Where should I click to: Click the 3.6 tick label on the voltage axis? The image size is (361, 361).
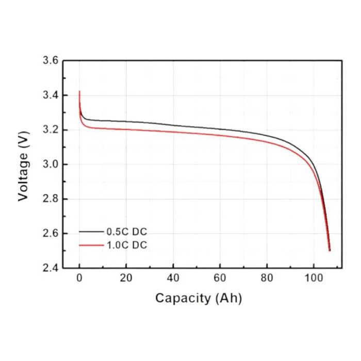click(x=50, y=61)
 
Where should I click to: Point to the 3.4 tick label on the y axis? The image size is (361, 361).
click(x=50, y=95)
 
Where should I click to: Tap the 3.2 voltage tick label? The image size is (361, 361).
click(x=50, y=130)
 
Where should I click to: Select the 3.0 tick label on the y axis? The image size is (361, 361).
click(x=50, y=165)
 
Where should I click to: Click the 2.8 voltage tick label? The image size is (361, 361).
click(x=50, y=199)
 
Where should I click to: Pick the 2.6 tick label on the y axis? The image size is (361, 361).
click(x=50, y=234)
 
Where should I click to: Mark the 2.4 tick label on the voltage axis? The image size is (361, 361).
click(x=50, y=268)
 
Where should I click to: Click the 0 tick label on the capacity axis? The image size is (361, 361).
click(x=79, y=278)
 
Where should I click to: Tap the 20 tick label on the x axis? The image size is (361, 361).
click(x=126, y=278)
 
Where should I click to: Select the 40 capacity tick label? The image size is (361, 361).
click(x=173, y=278)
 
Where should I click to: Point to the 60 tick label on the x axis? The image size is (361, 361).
click(x=220, y=278)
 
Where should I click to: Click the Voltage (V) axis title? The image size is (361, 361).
click(x=23, y=165)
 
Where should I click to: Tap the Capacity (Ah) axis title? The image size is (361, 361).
click(x=199, y=298)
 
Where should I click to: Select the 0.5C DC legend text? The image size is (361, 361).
click(x=127, y=232)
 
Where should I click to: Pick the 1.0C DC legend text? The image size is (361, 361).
click(x=127, y=245)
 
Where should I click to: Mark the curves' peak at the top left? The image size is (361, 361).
click(x=79, y=92)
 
